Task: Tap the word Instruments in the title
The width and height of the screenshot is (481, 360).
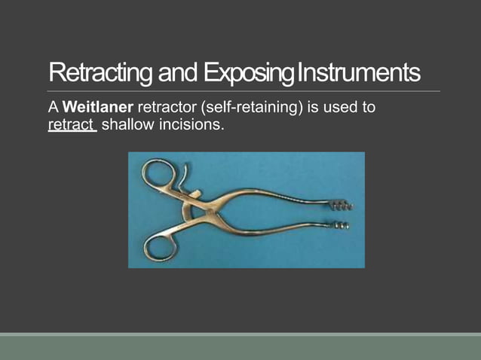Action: tap(359, 74)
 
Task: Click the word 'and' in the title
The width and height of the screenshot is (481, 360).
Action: tap(179, 74)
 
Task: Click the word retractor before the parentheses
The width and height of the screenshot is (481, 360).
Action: tap(165, 108)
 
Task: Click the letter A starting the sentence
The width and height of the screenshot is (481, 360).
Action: tap(52, 108)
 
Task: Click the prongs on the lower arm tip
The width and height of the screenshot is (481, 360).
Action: tap(341, 224)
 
